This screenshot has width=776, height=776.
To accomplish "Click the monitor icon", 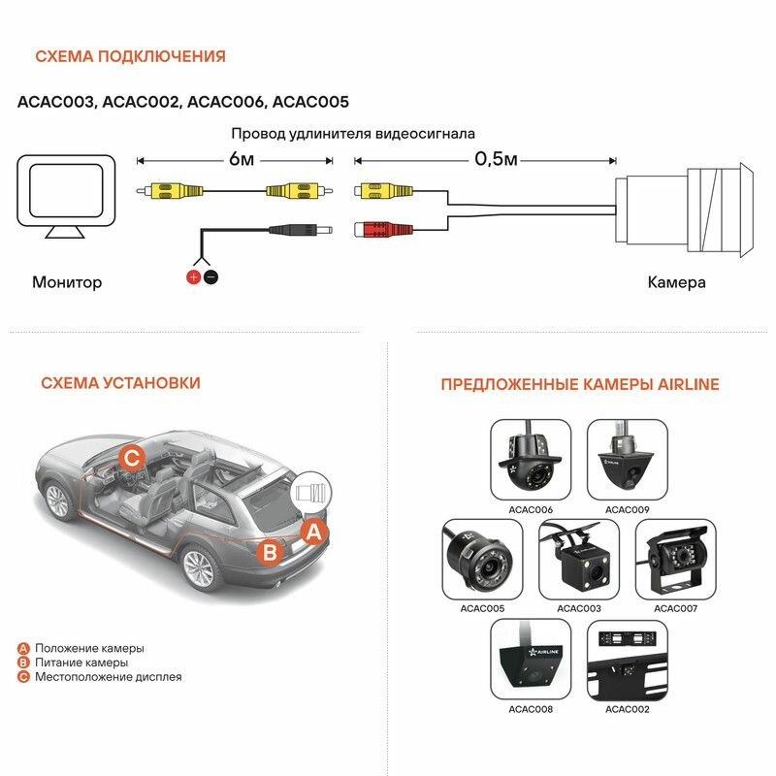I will pos(69,197).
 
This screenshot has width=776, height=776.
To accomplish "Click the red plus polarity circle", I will pos(193,277).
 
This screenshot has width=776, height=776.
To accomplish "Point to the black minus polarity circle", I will pos(210,277).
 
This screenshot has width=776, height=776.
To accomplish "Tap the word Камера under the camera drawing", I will pos(676,283).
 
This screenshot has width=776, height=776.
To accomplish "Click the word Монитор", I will pos(67,283).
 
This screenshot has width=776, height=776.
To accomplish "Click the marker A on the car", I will pos(312,531).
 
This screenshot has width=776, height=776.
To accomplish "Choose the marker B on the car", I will pos(273,552).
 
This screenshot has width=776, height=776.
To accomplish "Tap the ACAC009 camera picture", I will pos(628,460).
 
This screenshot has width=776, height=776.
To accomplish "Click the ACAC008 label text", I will pos(531,709).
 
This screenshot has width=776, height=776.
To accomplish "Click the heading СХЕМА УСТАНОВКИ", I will pos(120,383).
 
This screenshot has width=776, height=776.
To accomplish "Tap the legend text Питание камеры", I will pos(81,663).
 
